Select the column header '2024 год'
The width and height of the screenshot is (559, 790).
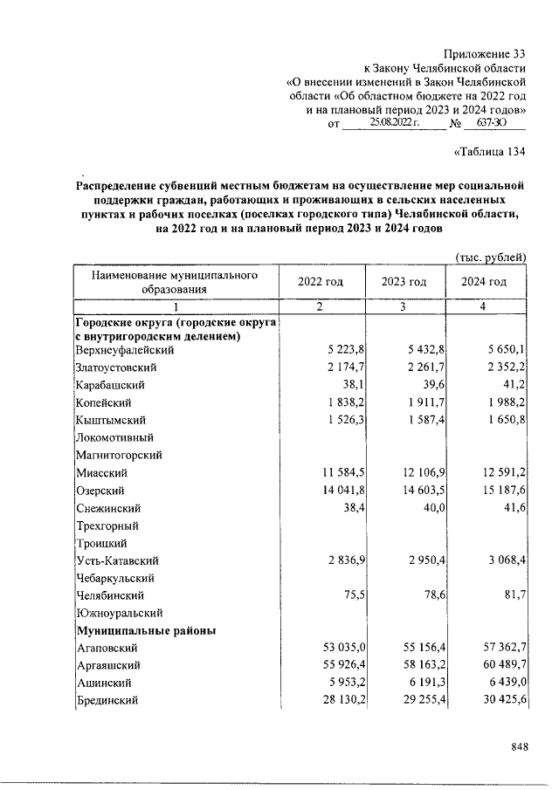click(x=486, y=282)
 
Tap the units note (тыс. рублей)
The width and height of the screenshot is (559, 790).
click(x=491, y=257)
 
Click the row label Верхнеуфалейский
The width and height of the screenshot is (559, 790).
click(x=125, y=349)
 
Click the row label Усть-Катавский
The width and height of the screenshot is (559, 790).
click(x=116, y=560)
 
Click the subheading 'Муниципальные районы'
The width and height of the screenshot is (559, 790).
click(x=147, y=630)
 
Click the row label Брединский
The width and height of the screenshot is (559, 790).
click(x=107, y=700)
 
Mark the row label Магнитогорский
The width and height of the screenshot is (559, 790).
click(x=119, y=455)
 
